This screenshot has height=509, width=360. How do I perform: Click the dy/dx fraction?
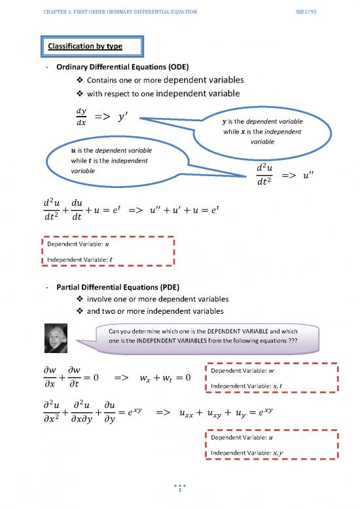pyautogui.click(x=81, y=117)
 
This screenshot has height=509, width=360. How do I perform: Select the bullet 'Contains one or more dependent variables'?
pyautogui.click(x=164, y=80)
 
